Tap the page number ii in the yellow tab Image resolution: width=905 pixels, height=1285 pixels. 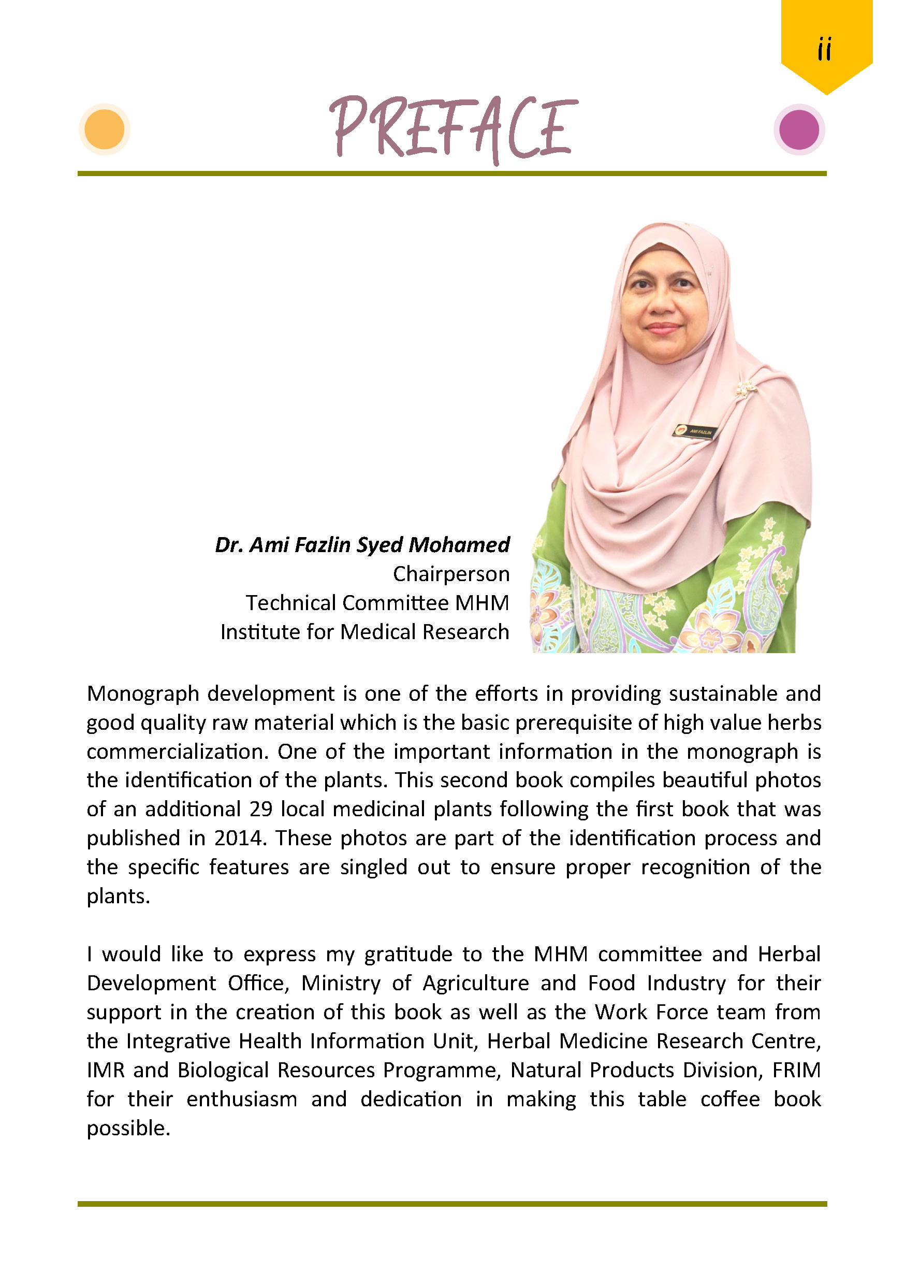click(824, 49)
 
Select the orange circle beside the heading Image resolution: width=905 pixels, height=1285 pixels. click(105, 129)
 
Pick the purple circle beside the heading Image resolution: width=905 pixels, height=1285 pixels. click(799, 129)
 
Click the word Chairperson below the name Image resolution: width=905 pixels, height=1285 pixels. click(451, 574)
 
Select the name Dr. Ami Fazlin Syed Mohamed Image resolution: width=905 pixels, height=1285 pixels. click(362, 545)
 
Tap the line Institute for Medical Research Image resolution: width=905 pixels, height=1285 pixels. click(364, 632)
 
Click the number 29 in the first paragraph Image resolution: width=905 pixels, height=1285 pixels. click(260, 810)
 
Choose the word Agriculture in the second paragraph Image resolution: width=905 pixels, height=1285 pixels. click(475, 984)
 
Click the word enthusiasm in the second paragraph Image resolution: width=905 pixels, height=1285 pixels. click(242, 1099)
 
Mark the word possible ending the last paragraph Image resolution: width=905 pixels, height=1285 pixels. click(128, 1128)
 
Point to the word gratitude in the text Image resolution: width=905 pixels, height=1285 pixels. click(408, 954)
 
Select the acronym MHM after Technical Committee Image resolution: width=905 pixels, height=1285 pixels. click(481, 603)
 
